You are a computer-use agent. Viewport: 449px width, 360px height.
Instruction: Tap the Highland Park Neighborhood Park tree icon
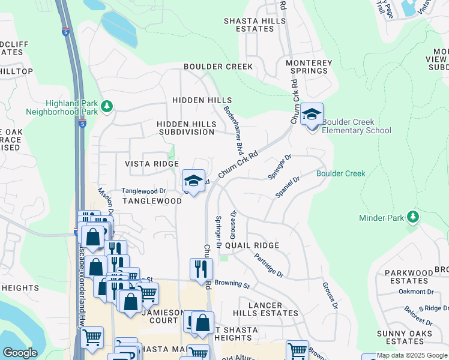(107, 107)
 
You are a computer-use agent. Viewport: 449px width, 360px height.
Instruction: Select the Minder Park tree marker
(412, 216)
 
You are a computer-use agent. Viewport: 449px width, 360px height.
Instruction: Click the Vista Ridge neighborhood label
(151, 164)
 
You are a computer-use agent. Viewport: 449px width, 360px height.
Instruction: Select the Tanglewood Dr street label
(143, 191)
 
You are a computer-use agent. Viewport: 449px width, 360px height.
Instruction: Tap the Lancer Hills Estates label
(265, 309)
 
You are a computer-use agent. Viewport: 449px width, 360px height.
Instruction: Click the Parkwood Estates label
(408, 276)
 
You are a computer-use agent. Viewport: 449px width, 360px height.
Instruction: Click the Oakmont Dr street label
(416, 292)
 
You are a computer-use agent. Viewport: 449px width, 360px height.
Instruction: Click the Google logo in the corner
(20, 353)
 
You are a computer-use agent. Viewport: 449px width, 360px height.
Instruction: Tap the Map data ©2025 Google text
(411, 355)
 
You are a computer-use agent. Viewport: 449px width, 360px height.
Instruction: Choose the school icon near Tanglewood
(193, 181)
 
